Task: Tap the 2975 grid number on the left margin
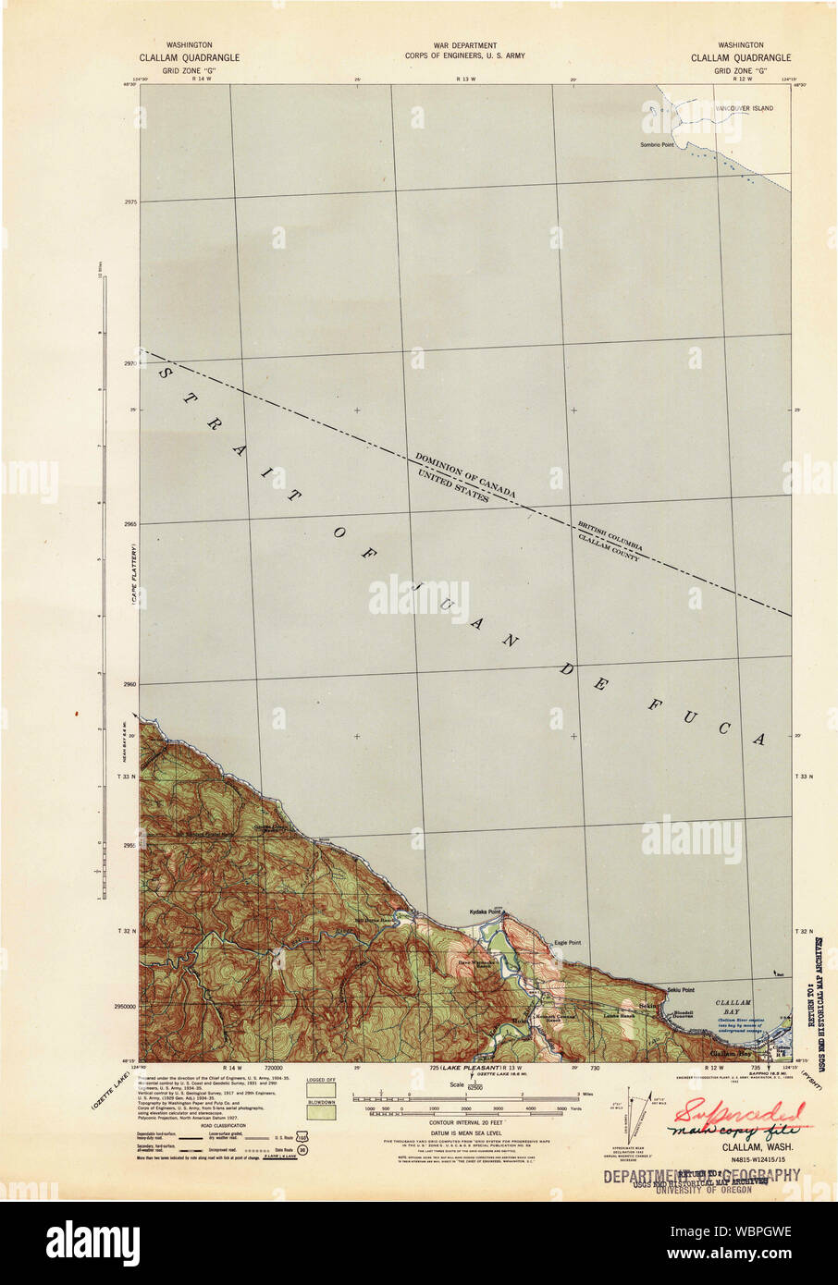point(129,201)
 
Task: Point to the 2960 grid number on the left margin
point(129,684)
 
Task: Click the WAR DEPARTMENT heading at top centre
point(464,45)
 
